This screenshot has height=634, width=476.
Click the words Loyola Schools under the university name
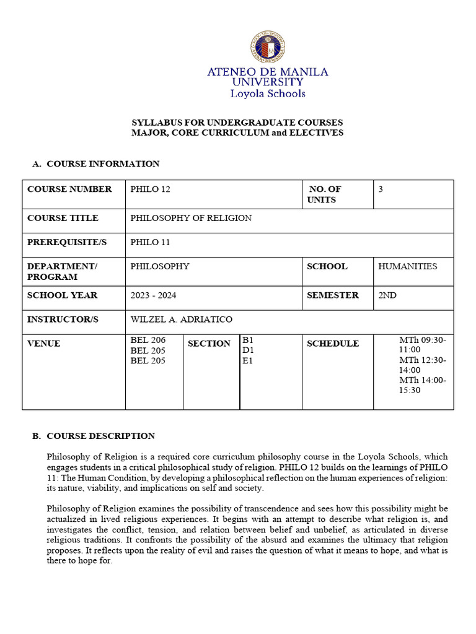(x=268, y=94)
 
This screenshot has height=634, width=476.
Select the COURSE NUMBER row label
(x=69, y=189)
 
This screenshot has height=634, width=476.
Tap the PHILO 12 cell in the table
(x=150, y=189)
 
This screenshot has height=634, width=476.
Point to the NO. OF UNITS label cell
(x=324, y=194)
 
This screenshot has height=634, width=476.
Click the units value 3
(x=381, y=189)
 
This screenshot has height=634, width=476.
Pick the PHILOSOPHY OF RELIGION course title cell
(x=191, y=218)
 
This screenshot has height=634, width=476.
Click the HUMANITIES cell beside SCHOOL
(x=407, y=266)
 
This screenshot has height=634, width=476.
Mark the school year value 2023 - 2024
(x=153, y=295)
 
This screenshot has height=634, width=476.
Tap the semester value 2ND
(x=387, y=295)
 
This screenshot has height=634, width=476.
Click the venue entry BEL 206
(x=148, y=340)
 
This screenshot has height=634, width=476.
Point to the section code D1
(x=248, y=350)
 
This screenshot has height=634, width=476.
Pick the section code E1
(x=248, y=360)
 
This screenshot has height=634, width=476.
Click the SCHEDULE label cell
(x=333, y=344)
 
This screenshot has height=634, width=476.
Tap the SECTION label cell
(x=209, y=344)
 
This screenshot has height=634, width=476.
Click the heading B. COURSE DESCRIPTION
(x=94, y=436)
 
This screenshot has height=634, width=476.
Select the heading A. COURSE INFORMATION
(x=96, y=164)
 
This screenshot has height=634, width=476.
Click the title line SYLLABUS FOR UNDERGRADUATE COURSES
(x=237, y=123)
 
